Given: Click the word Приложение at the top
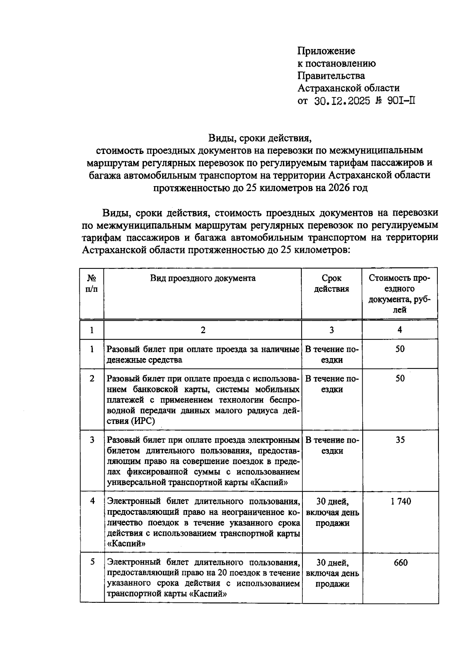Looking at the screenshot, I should point(327,51).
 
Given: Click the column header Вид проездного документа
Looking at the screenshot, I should point(203,278).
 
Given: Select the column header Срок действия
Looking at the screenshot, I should point(332,284).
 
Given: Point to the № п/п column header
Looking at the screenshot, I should point(92,284).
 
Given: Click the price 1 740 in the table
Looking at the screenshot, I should point(400,501).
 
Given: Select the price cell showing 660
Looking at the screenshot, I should point(400,563).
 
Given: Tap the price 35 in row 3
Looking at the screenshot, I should point(400,440).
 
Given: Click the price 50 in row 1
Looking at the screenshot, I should point(400,349).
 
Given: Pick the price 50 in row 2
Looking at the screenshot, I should point(400,378).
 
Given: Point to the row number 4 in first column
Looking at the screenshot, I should point(92,501).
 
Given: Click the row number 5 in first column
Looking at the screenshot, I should point(92,562).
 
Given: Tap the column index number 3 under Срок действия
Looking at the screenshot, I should point(332,330).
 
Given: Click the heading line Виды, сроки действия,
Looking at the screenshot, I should point(258,137).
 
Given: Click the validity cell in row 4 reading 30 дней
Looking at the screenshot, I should point(332,502).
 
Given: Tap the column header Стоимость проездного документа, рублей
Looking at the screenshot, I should point(400,294).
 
